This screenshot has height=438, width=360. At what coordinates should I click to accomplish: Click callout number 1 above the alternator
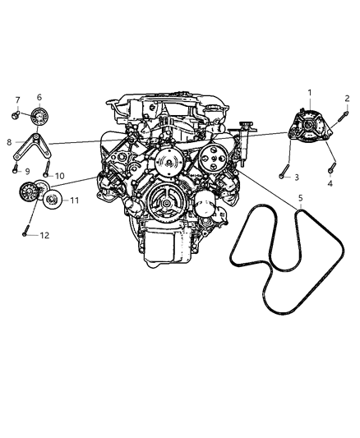pyautogui.click(x=309, y=92)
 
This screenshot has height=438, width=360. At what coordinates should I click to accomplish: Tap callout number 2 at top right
pyautogui.click(x=347, y=99)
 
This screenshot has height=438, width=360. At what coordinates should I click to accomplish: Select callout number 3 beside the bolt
pyautogui.click(x=298, y=178)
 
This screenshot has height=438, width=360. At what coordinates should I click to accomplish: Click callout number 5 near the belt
pyautogui.click(x=300, y=199)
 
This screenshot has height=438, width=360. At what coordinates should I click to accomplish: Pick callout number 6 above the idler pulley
pyautogui.click(x=38, y=97)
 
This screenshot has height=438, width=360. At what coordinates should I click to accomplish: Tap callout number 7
pyautogui.click(x=16, y=100)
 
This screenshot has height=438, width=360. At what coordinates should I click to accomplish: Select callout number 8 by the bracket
pyautogui.click(x=10, y=141)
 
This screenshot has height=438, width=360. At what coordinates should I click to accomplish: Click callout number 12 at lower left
pyautogui.click(x=45, y=236)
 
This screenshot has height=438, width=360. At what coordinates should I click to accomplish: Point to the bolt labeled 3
pyautogui.click(x=283, y=170)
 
